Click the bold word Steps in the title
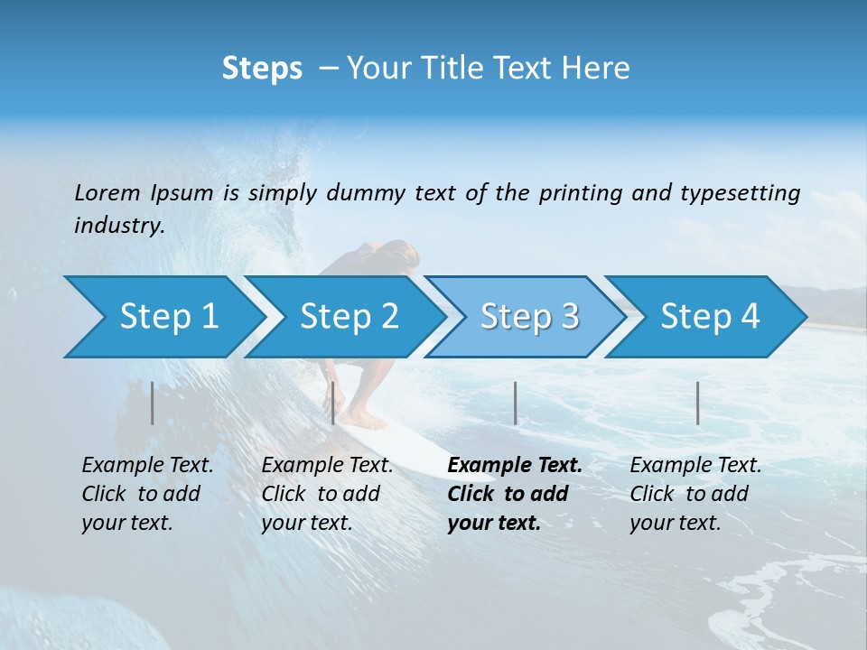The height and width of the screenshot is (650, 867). pos(262,68)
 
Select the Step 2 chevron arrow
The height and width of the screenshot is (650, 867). pos(348,317)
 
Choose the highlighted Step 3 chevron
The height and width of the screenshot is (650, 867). pos(528,317)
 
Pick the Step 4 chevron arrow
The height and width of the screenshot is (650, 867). pos(709,317)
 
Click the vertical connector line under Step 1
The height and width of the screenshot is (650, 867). pos(153,403)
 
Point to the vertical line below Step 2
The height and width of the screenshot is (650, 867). pos(333,403)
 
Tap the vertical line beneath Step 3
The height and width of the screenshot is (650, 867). pos(516,403)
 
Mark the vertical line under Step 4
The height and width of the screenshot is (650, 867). pos(698,403)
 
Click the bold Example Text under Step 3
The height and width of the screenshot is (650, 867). pos(515,494)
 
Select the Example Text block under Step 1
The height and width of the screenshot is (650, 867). pos(147,494)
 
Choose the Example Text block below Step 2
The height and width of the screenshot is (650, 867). pos(327,494)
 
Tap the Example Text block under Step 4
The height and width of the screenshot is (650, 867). pos(695,494)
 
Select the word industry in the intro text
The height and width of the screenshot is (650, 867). pos(118,226)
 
